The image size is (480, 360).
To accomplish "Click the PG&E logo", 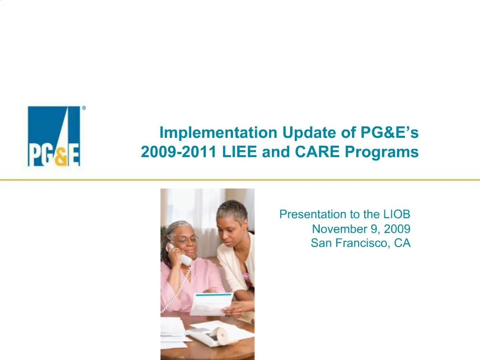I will [54, 136].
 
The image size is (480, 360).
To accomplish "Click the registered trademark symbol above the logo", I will [84, 108].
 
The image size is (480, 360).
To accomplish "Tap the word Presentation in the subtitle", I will [312, 215].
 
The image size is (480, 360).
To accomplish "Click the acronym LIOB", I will [397, 215].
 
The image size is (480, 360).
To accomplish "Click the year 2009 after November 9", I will [398, 229].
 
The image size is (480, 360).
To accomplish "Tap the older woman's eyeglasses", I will [187, 240].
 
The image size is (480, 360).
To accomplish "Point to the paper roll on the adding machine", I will [220, 335].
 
